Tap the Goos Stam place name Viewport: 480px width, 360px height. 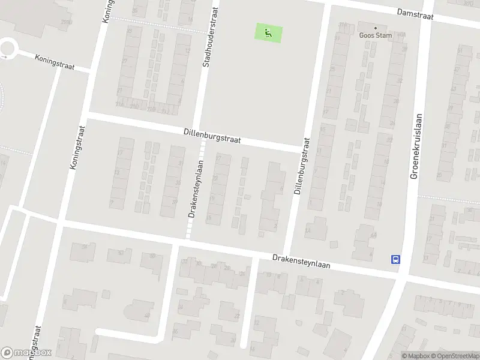[x=376, y=35]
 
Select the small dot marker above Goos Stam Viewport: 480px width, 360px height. [x=376, y=28]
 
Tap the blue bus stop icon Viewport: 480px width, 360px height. [x=396, y=260]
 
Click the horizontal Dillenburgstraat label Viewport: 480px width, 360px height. [x=212, y=134]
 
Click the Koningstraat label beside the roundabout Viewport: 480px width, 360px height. [x=55, y=62]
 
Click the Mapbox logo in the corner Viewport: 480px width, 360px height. [x=26, y=353]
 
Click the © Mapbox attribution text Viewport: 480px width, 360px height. [x=415, y=356]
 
